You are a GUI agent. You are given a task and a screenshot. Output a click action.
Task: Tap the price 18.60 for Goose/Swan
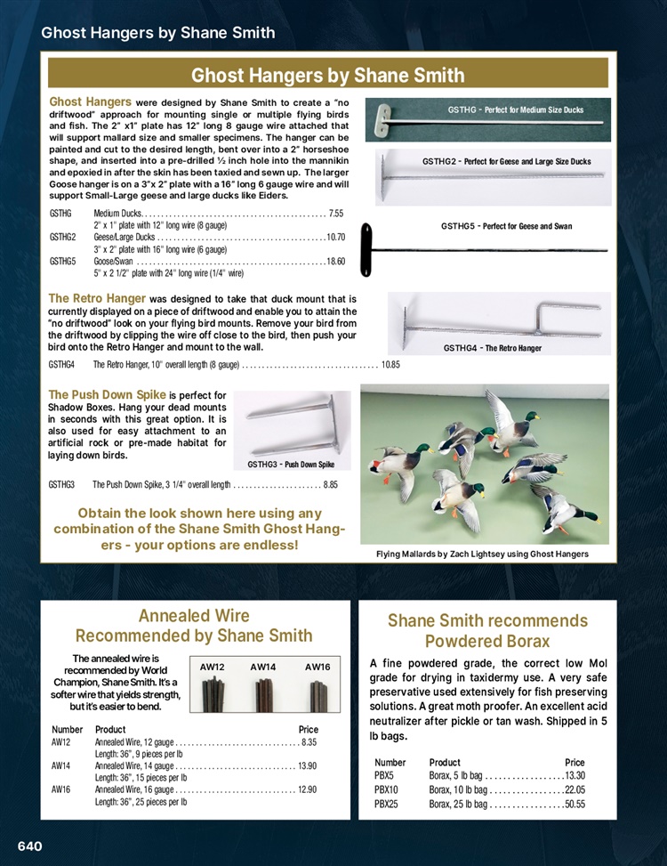click(x=335, y=261)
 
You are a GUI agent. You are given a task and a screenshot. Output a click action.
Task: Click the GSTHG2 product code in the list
click(x=63, y=238)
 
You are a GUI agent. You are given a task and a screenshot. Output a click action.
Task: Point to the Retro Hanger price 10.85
click(x=391, y=365)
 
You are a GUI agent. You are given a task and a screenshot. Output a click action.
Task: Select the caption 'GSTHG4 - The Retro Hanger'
click(x=493, y=348)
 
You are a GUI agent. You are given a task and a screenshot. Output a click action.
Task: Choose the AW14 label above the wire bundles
click(x=263, y=666)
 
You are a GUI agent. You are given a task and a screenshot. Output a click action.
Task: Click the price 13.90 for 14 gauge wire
click(x=308, y=765)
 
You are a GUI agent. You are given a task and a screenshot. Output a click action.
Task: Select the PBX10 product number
click(x=387, y=790)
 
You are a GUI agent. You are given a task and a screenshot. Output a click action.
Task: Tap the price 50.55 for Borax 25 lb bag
click(x=575, y=805)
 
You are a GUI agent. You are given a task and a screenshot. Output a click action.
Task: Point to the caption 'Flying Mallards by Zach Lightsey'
click(x=483, y=554)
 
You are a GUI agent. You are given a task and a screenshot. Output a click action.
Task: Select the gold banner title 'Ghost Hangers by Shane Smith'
click(x=328, y=74)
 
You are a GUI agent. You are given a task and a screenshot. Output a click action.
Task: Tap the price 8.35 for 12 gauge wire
click(x=309, y=741)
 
